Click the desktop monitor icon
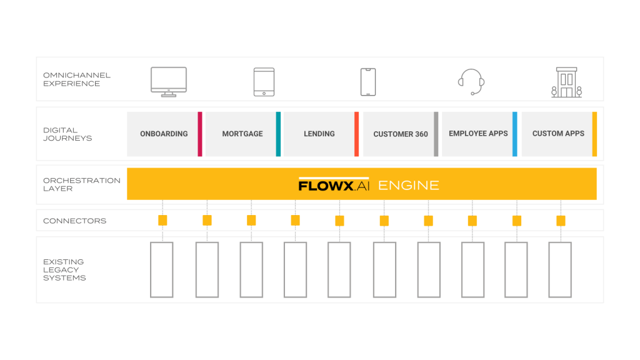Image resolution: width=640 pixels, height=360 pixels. pyautogui.click(x=169, y=82)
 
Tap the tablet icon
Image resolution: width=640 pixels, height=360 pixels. pyautogui.click(x=264, y=82)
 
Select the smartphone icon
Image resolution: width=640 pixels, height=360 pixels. pyautogui.click(x=368, y=82)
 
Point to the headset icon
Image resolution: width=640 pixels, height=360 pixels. pyautogui.click(x=471, y=82)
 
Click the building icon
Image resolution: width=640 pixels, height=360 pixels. pyautogui.click(x=566, y=82)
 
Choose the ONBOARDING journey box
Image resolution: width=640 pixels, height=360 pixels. pyautogui.click(x=164, y=134)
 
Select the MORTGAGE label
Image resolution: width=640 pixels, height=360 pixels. pyautogui.click(x=242, y=134)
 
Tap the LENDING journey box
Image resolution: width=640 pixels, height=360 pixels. pyautogui.click(x=321, y=134)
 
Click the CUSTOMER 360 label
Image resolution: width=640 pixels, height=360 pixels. pyautogui.click(x=401, y=134)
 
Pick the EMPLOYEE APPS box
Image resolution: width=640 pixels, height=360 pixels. pyautogui.click(x=479, y=134)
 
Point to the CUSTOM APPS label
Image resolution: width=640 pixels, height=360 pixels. pyautogui.click(x=558, y=134)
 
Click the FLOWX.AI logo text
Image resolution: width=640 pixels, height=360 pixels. pyautogui.click(x=334, y=185)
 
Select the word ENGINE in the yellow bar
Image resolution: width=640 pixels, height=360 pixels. pyautogui.click(x=409, y=186)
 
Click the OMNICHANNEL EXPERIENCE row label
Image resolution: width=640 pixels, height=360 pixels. pyautogui.click(x=77, y=79)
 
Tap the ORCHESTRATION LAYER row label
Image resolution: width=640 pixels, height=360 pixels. pyautogui.click(x=82, y=184)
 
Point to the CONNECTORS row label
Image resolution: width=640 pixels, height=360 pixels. pyautogui.click(x=75, y=221)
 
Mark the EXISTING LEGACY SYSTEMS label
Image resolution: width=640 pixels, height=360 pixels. pyautogui.click(x=64, y=270)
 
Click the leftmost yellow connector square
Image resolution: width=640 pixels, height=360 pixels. pyautogui.click(x=162, y=221)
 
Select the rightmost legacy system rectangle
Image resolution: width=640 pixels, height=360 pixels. pyautogui.click(x=560, y=270)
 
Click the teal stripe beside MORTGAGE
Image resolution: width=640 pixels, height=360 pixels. pyautogui.click(x=278, y=134)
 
